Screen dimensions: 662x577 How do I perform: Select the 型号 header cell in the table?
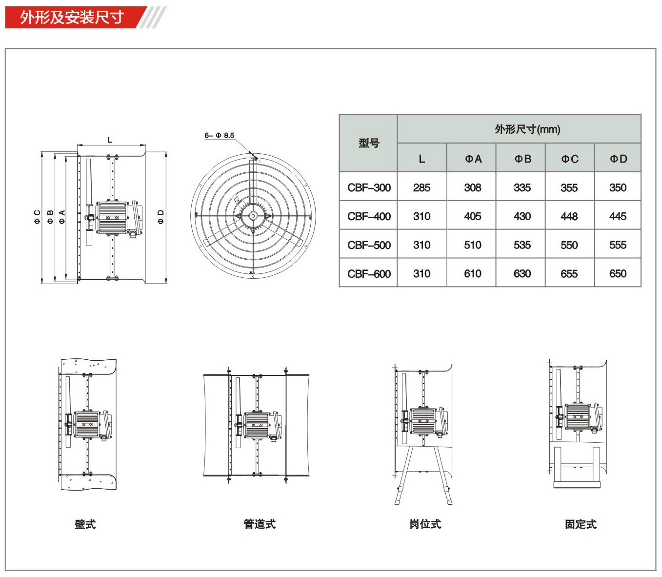click(x=368, y=143)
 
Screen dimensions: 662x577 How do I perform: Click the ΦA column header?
click(x=473, y=159)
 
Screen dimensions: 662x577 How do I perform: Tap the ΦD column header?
click(x=618, y=159)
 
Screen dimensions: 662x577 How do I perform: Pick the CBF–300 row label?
click(x=369, y=187)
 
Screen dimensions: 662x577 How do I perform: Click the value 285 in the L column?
click(x=421, y=187)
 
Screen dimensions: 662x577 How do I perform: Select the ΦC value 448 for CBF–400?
click(x=569, y=216)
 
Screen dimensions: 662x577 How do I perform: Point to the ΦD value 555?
click(x=618, y=245)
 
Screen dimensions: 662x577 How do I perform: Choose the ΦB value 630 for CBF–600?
click(x=522, y=273)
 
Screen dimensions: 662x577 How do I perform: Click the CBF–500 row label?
click(x=369, y=245)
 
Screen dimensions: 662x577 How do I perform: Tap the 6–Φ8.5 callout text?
click(x=219, y=135)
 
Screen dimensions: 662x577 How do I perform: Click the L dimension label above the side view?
click(x=109, y=140)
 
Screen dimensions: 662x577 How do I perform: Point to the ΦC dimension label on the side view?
click(x=38, y=217)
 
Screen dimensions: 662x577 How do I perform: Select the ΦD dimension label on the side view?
click(x=160, y=217)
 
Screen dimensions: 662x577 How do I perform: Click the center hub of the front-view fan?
click(x=253, y=215)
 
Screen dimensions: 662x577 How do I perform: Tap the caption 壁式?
click(x=85, y=524)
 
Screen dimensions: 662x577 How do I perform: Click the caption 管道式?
click(x=260, y=524)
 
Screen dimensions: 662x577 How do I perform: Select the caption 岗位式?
click(x=425, y=524)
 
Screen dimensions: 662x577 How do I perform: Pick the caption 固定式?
click(x=581, y=524)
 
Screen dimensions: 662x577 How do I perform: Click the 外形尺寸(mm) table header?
click(x=527, y=129)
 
